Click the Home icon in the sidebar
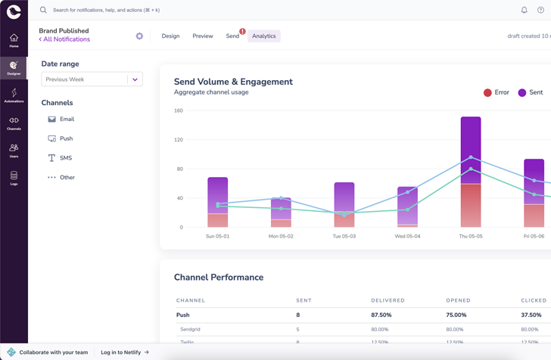14,40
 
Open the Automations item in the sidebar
14,95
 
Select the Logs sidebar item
14,178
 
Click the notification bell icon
524,10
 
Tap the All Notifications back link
64,39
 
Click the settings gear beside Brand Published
139,36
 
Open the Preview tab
202,36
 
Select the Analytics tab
263,36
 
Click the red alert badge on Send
242,32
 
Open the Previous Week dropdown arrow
135,79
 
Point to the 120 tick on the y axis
179,140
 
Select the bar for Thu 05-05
471,172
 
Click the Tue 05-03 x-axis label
344,236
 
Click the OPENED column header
458,300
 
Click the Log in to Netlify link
125,352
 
